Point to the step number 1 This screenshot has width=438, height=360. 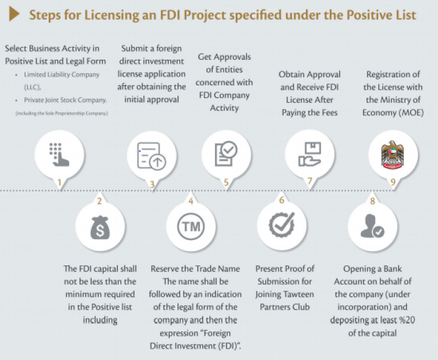pos(60,183)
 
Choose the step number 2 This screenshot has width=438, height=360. pos(99,201)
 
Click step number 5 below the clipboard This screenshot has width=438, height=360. pos(226,183)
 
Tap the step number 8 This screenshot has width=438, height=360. pos(373,201)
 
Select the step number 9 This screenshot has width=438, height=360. pos(392,183)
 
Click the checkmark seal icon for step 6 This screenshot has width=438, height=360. pos(282,225)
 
